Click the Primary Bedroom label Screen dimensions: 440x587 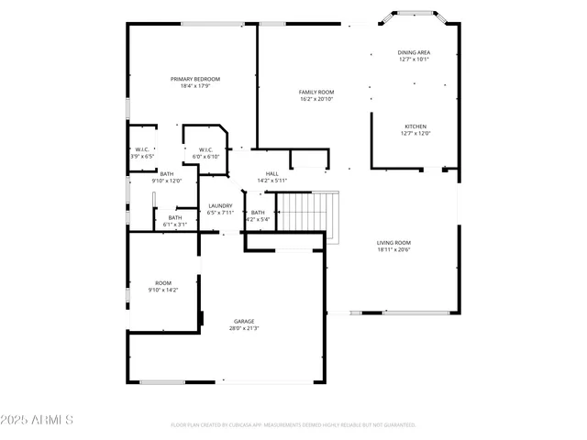[x=195, y=79]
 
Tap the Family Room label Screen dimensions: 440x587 [x=316, y=92]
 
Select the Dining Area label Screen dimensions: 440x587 [x=415, y=53]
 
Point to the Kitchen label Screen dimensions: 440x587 [x=415, y=126]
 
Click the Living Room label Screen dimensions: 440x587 [x=393, y=243]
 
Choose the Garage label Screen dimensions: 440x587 [x=243, y=321]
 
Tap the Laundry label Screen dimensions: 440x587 [x=220, y=205]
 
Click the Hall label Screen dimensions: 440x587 [x=272, y=173]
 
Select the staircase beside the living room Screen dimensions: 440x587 [x=308, y=213]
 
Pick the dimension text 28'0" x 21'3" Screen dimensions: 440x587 [x=243, y=328]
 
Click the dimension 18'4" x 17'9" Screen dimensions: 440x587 [x=195, y=86]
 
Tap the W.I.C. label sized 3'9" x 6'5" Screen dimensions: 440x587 [x=142, y=150]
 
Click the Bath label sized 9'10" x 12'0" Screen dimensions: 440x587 [x=167, y=173]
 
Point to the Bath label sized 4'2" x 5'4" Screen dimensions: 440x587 [x=258, y=213]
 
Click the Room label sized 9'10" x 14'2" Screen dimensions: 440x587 [x=163, y=283]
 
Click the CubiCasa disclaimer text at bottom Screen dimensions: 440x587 [x=293, y=425]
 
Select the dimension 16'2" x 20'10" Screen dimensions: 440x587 [x=316, y=99]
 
